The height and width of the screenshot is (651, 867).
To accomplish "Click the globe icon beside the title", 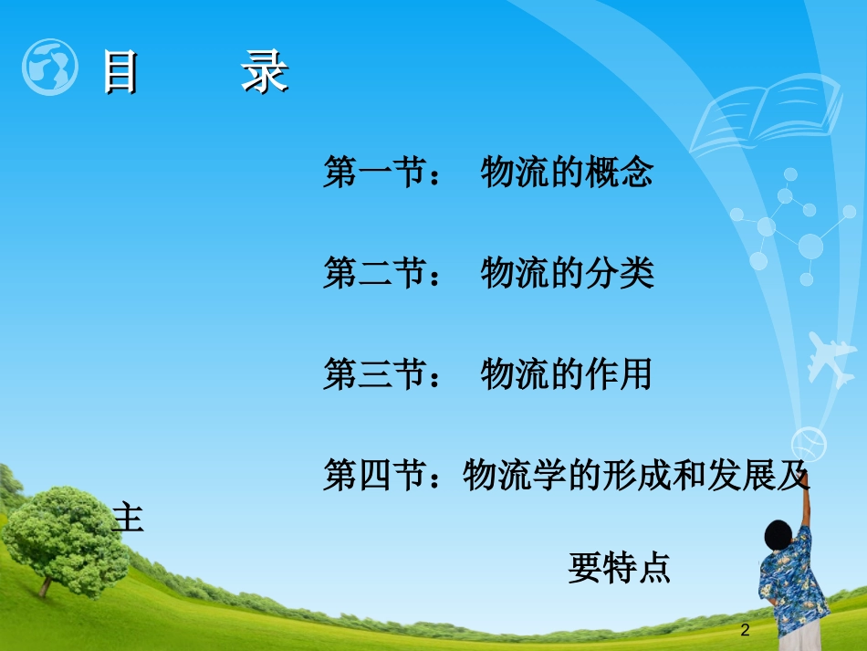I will click(x=49, y=68).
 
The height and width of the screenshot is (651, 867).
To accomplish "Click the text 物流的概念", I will click(x=567, y=173).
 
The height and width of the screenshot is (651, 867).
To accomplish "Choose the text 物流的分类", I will click(x=567, y=273).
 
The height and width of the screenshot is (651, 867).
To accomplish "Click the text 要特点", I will click(x=620, y=568).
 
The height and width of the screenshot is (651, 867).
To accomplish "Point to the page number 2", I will click(x=746, y=630).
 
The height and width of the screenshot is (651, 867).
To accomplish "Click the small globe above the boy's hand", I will click(x=809, y=444).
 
